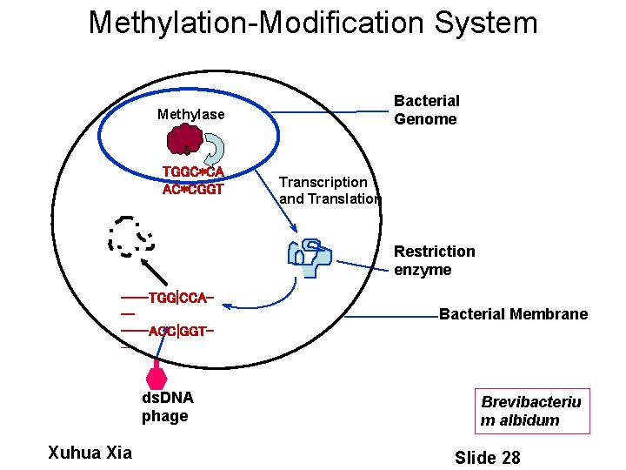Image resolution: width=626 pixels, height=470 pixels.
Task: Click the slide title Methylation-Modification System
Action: [x=313, y=23]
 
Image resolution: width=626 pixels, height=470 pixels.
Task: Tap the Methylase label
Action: [x=190, y=114]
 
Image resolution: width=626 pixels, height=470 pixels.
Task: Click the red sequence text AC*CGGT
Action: [x=192, y=189]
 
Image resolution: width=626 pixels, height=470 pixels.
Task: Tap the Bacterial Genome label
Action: [x=426, y=111]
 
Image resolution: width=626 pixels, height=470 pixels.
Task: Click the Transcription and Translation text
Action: [x=329, y=191]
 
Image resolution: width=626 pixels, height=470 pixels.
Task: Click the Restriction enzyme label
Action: [x=434, y=260]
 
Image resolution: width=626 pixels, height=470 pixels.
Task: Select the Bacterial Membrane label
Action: [x=513, y=314]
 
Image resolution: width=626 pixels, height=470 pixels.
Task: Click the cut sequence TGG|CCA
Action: [x=178, y=298]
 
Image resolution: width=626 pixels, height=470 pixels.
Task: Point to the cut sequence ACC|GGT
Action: [x=180, y=332]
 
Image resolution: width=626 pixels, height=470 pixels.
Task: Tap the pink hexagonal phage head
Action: [x=156, y=379]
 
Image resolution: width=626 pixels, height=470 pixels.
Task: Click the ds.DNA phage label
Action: [x=167, y=406]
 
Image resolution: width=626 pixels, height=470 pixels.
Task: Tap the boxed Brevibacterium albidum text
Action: [x=531, y=411]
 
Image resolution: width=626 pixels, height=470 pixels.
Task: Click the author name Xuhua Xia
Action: [x=89, y=452]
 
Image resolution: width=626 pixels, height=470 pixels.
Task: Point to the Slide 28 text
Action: [x=487, y=457]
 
